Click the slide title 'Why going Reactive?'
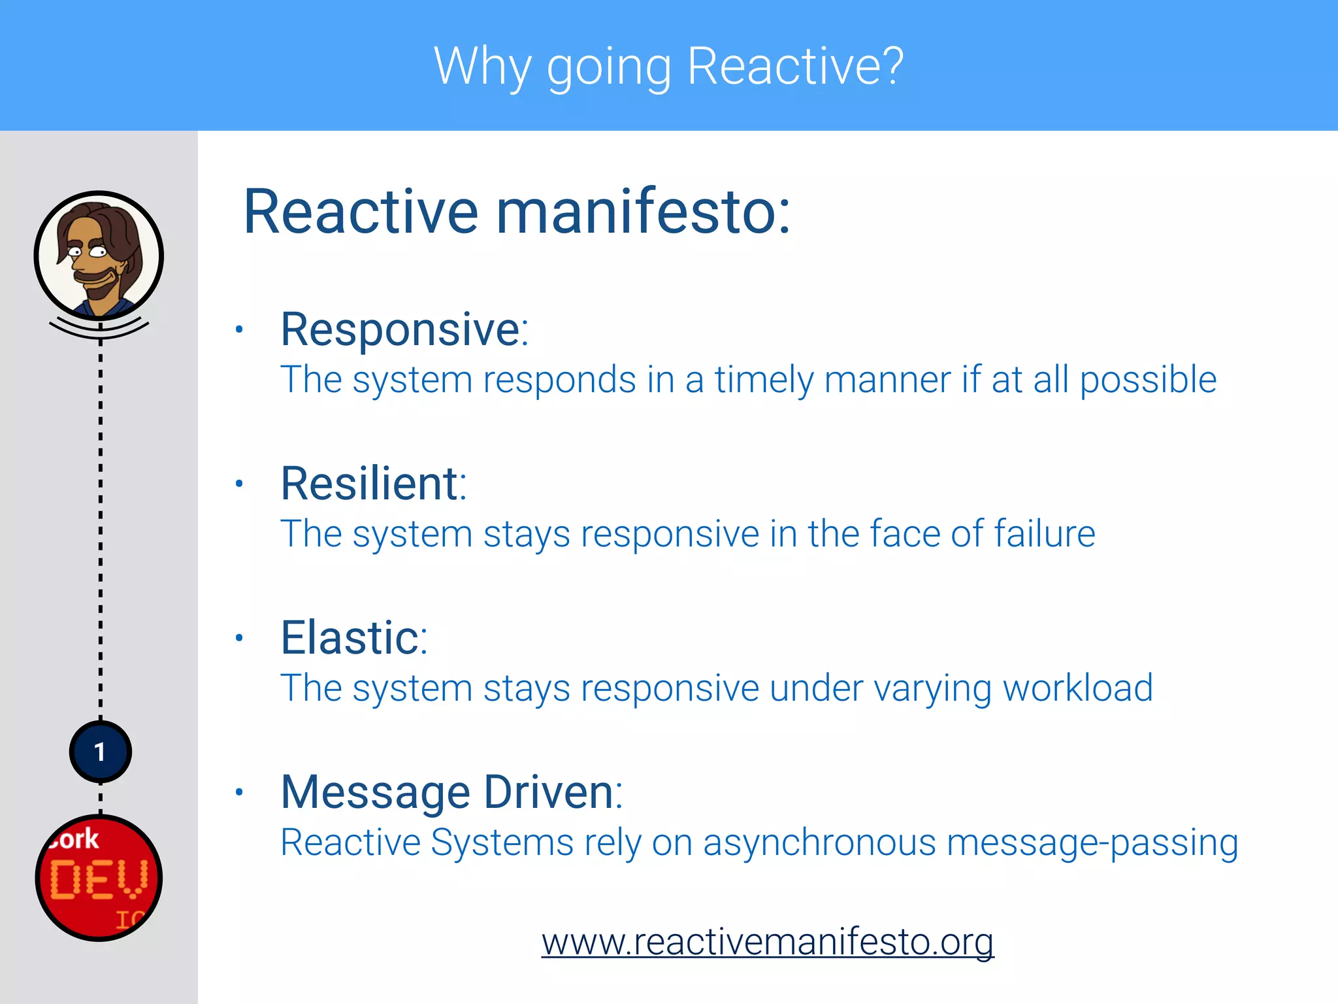(668, 67)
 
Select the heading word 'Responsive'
(400, 329)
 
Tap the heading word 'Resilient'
(370, 484)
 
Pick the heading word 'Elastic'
(350, 638)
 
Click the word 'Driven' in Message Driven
(549, 792)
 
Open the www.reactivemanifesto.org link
(768, 942)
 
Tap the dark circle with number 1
(100, 752)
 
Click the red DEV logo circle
(99, 878)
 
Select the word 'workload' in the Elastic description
(1077, 688)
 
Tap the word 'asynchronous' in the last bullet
(819, 843)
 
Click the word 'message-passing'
(1092, 843)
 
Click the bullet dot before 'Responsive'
(239, 329)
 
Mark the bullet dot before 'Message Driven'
(239, 792)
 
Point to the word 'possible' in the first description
(1147, 380)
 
